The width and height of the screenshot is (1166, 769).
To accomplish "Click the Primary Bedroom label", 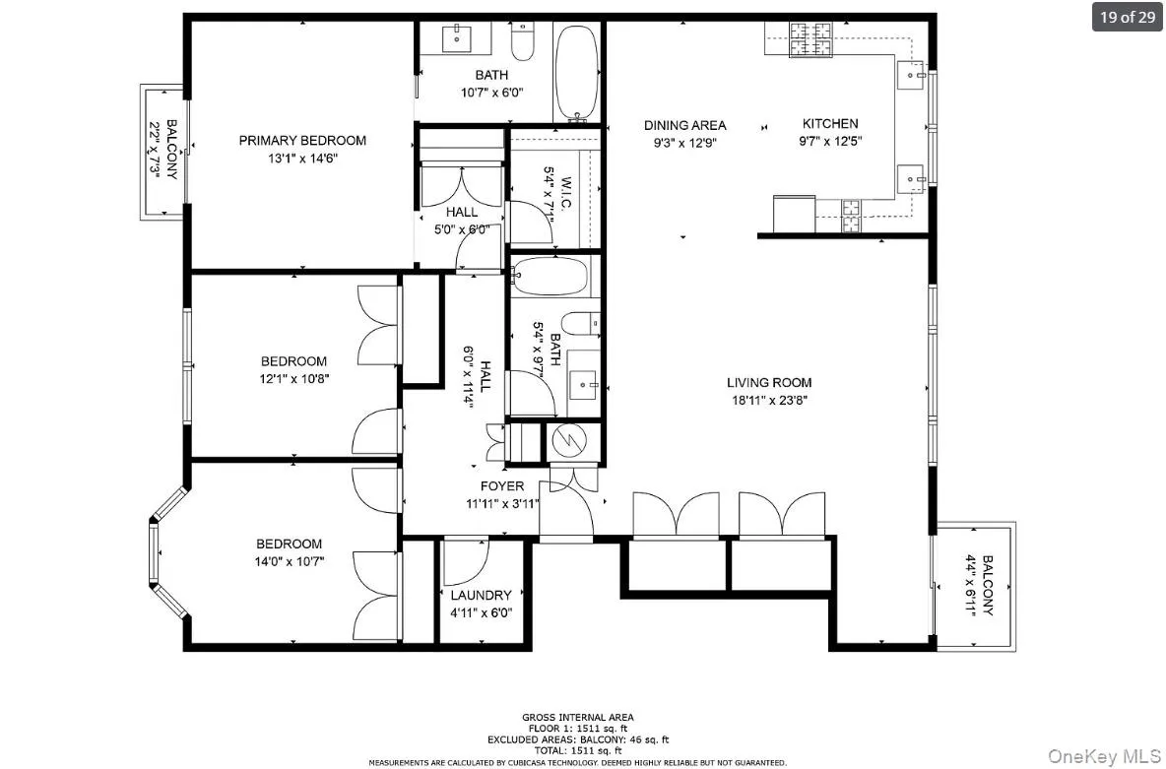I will (302, 141).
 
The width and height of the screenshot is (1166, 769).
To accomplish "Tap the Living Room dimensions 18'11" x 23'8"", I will (769, 401).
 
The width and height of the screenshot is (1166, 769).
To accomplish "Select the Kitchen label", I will (830, 124).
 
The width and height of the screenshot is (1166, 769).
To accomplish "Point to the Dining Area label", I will (684, 125).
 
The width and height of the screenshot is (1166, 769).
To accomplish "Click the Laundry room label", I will (481, 595).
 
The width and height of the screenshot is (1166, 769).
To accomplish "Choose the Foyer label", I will (501, 486).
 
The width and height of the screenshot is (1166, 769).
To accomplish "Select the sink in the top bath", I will (459, 39).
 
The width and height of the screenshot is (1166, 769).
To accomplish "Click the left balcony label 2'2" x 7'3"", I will (163, 150).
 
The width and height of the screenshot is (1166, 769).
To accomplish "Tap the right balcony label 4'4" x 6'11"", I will (980, 585).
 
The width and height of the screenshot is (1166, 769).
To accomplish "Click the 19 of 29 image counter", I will (1127, 17).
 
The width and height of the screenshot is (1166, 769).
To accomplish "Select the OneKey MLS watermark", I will (1102, 755).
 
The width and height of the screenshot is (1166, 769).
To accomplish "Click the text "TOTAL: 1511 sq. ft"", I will (577, 749).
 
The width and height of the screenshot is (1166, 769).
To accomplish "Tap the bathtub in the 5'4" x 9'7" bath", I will (550, 275).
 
